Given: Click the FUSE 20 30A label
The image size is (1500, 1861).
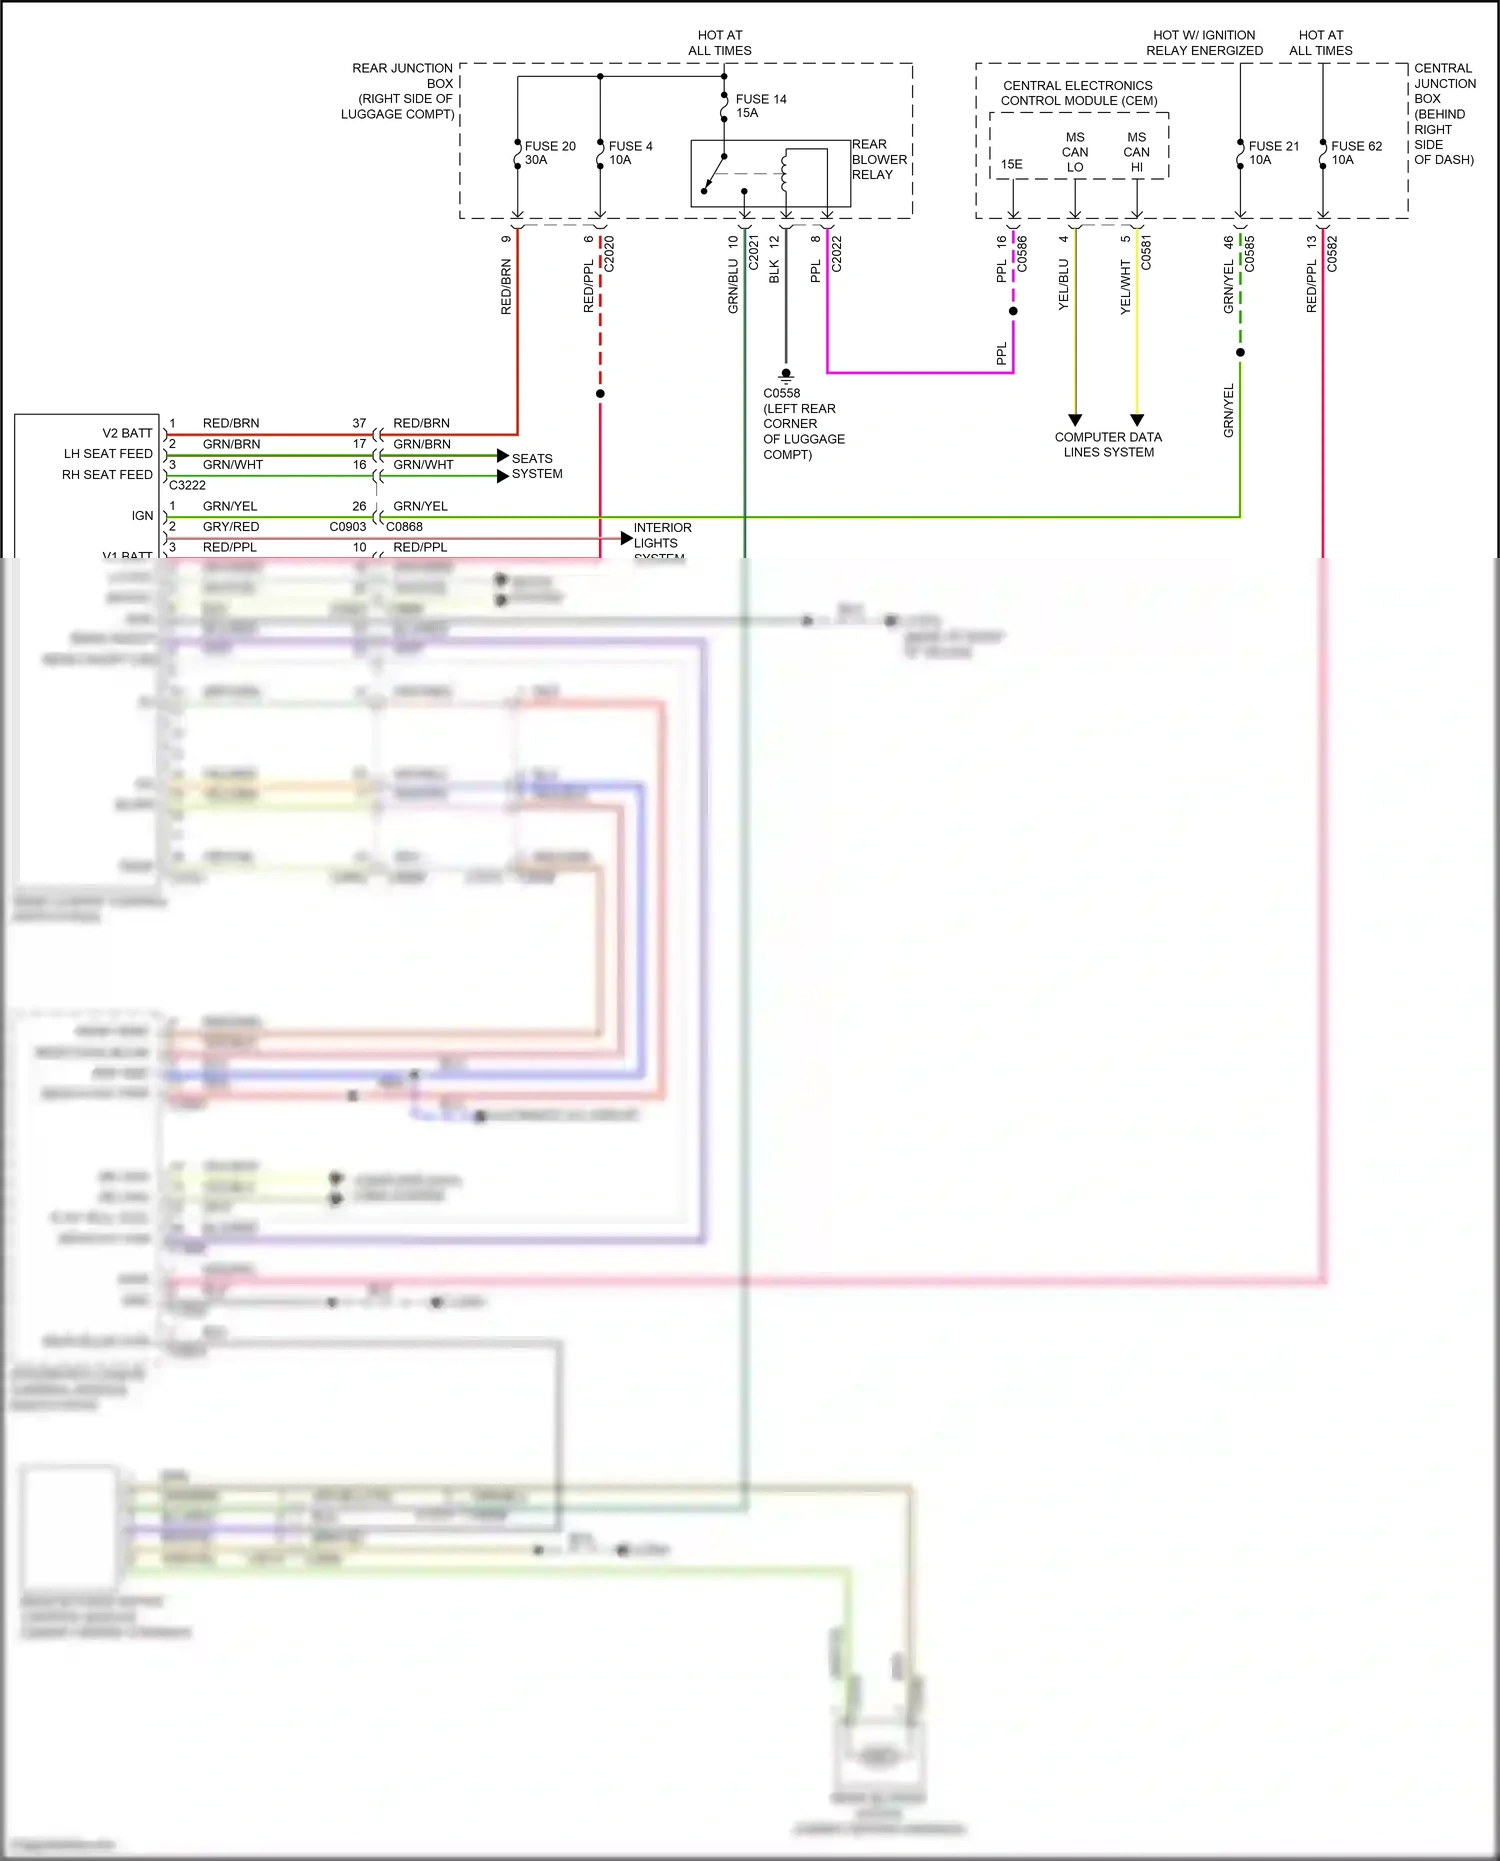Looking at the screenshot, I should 549,153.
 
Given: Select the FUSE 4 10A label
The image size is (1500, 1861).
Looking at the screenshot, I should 630,153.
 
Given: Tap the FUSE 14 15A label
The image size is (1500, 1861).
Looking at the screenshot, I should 760,106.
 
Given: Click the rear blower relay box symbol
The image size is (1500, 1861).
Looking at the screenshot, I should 770,174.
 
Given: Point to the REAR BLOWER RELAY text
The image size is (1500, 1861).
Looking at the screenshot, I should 879,160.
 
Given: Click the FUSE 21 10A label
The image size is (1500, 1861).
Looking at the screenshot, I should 1273,153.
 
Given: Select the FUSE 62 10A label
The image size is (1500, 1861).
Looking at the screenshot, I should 1356,153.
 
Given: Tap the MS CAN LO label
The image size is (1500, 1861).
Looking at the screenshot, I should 1075,152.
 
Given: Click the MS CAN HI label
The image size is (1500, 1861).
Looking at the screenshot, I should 1137,152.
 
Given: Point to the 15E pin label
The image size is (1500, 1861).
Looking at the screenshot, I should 1012,164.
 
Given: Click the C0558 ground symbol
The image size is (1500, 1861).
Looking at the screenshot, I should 786,376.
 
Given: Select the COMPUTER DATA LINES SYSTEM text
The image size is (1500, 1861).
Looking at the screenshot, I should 1108,445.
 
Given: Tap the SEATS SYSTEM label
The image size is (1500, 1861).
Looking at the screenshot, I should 537,466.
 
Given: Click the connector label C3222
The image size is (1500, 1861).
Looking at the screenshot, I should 187,485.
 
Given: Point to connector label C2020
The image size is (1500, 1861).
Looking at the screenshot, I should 609,254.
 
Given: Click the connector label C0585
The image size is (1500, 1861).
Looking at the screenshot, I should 1249,254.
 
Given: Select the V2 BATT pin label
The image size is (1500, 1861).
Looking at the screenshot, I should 127,433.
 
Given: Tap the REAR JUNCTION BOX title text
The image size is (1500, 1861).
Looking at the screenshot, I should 400,91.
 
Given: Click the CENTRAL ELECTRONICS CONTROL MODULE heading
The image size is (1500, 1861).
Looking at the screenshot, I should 1078,93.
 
